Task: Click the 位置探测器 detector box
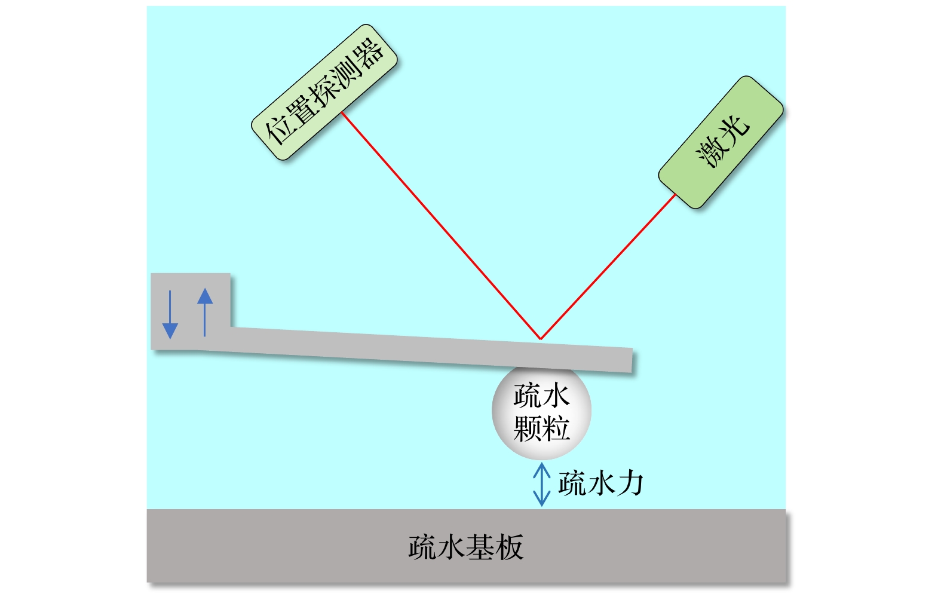click(x=324, y=93)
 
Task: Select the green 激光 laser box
click(x=721, y=142)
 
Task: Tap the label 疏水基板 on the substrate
click(x=466, y=547)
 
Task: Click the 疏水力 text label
click(x=600, y=483)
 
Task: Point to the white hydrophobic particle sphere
click(x=541, y=412)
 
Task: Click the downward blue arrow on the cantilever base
click(x=170, y=315)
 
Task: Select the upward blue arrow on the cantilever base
click(x=204, y=312)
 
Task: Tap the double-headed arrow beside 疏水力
click(x=542, y=485)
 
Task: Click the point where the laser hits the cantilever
click(x=541, y=339)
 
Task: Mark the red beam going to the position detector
click(x=441, y=226)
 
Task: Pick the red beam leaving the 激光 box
click(x=608, y=266)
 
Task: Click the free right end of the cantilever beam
click(x=632, y=360)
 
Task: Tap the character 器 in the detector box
click(x=368, y=54)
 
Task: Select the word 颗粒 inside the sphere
click(x=541, y=428)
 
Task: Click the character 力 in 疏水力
click(x=630, y=483)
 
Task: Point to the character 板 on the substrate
click(x=510, y=547)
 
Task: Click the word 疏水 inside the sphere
click(x=541, y=396)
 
